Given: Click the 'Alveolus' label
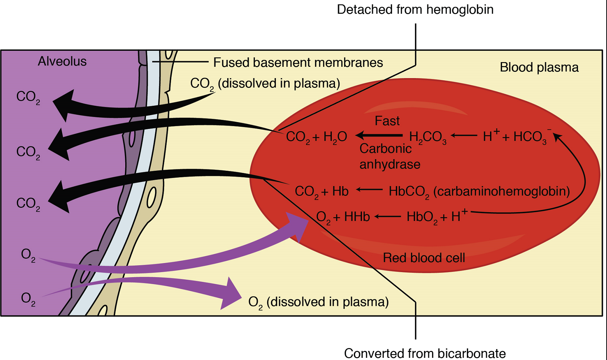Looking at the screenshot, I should [x=62, y=61].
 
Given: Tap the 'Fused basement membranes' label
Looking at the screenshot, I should [x=298, y=62].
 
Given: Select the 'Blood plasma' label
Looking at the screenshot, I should [x=539, y=68].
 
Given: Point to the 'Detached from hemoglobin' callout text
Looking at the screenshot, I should [x=415, y=9].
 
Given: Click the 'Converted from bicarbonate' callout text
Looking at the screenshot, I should [x=425, y=353].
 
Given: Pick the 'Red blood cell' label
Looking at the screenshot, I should [x=424, y=258].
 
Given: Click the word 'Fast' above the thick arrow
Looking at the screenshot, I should [x=387, y=121].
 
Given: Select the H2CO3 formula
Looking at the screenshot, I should [x=427, y=137].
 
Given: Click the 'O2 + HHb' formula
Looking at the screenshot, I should [x=343, y=217].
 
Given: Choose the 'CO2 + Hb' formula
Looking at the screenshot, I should [x=321, y=191].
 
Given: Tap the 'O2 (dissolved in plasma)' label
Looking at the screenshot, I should [x=318, y=302].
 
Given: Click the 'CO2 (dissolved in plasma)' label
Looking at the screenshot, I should [x=265, y=84].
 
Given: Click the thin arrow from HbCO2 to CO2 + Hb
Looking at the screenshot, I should [x=369, y=189].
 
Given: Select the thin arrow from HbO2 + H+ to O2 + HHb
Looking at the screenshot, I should [x=387, y=217].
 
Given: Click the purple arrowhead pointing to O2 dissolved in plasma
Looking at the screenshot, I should [x=231, y=295].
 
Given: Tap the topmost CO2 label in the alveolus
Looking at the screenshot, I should [x=28, y=97].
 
